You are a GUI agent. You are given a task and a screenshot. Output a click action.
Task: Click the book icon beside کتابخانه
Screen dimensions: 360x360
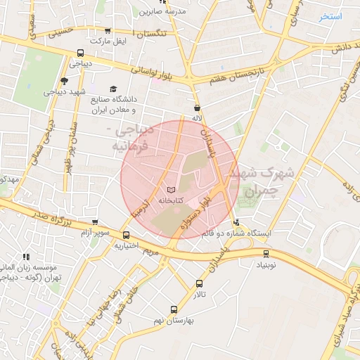[x=172, y=190]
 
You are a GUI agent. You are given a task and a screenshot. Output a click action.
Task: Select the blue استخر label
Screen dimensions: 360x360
[x=330, y=16]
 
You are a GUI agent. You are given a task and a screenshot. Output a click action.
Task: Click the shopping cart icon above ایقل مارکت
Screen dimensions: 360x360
[x=107, y=31]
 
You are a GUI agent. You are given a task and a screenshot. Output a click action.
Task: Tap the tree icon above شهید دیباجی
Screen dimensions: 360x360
[x=65, y=82]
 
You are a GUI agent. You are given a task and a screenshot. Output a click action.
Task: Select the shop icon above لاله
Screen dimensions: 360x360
[x=196, y=108]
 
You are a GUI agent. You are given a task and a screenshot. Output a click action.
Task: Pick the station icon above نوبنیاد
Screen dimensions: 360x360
[x=266, y=254]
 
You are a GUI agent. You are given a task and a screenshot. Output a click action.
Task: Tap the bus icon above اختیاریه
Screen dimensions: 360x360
[x=126, y=236]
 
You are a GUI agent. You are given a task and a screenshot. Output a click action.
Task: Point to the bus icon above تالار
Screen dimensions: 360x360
[x=200, y=284]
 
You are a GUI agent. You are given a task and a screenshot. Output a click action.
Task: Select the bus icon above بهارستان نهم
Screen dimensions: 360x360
[x=174, y=309]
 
